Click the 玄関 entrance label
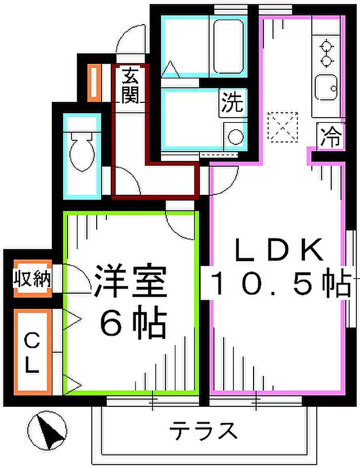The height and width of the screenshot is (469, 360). tap(131, 85)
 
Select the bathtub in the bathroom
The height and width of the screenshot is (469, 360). tap(228, 47)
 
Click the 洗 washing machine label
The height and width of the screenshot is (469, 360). tap(232, 103)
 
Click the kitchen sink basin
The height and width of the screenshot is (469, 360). tap(326, 87)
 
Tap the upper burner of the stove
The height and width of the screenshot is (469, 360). tap(327, 46)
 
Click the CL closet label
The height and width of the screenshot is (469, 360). tap(32, 353)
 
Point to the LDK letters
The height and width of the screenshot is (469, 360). tap(280, 250)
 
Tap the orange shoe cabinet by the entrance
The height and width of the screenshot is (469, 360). tap(94, 83)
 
